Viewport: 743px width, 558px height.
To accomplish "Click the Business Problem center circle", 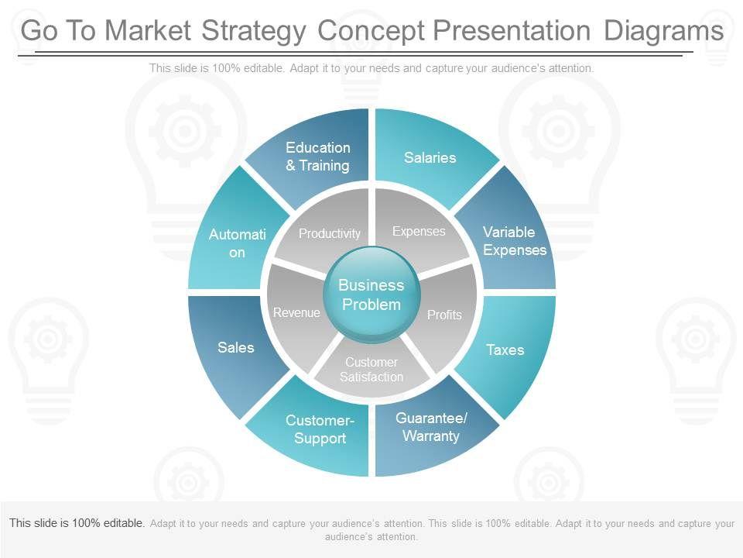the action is point(371,295).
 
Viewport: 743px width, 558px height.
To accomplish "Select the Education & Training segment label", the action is point(318,157).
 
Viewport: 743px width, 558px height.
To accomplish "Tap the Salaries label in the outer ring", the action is point(430,158).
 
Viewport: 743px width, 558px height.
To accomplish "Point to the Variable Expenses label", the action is point(515,241).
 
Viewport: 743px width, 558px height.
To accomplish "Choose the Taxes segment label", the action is point(505,350).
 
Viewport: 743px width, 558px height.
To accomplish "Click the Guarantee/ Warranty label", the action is point(431,427).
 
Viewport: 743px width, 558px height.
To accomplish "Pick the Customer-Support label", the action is point(320,429).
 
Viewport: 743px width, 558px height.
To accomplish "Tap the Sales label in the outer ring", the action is point(236,347).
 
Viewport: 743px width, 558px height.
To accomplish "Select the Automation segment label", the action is point(237,243).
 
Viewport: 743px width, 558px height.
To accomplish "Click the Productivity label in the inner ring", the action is point(330,233).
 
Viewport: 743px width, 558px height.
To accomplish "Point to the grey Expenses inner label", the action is point(419,231).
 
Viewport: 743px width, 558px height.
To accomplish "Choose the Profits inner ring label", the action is point(444,315).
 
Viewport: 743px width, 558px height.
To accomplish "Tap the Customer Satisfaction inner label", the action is point(371,370).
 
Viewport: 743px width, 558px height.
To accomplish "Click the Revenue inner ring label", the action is point(296,312).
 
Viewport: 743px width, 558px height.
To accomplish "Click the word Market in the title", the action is point(148,31).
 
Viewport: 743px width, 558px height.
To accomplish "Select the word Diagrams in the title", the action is point(663,31).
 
